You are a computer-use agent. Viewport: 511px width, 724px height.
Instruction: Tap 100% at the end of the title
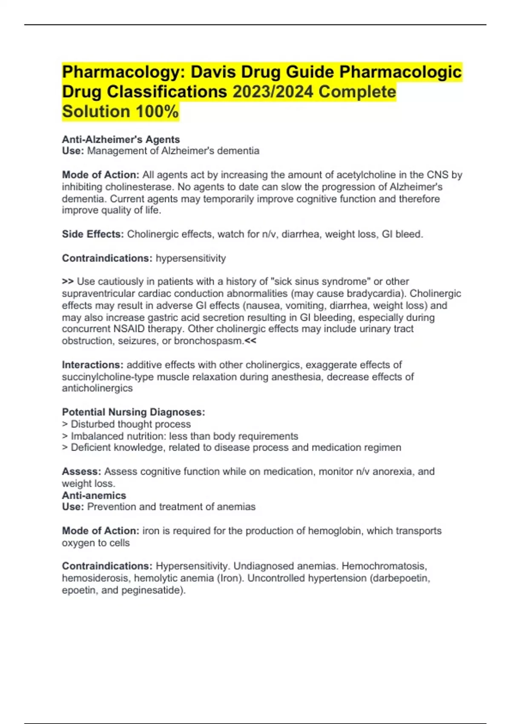pyautogui.click(x=157, y=112)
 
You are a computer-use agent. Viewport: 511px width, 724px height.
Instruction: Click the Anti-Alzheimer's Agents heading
pyautogui.click(x=121, y=139)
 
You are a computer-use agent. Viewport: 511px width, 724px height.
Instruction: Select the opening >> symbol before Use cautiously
pyautogui.click(x=68, y=282)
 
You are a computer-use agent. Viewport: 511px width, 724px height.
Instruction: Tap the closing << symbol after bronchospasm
pyautogui.click(x=251, y=341)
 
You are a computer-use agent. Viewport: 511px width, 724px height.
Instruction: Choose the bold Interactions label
pyautogui.click(x=93, y=365)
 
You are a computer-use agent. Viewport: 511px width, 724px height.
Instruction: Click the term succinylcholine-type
pyautogui.click(x=108, y=377)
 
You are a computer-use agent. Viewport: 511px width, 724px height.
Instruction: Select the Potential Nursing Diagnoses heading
pyautogui.click(x=133, y=412)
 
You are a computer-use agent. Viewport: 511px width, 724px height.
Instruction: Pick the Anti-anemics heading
pyautogui.click(x=94, y=495)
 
